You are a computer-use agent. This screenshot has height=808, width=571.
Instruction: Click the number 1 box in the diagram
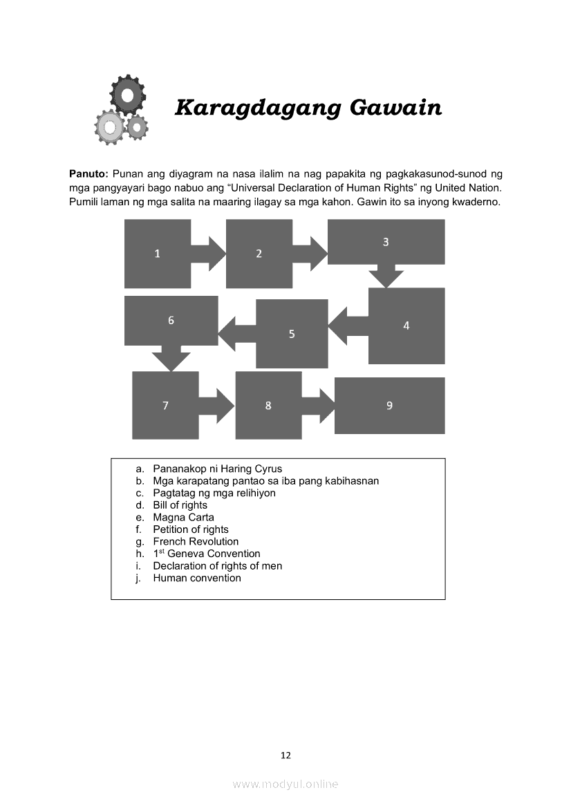tap(158, 254)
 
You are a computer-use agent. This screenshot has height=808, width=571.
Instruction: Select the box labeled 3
tap(386, 242)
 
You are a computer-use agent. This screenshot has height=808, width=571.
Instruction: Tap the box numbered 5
tap(292, 334)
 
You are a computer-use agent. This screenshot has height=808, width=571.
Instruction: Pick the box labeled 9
tap(389, 406)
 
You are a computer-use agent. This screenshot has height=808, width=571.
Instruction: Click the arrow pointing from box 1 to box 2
tap(209, 254)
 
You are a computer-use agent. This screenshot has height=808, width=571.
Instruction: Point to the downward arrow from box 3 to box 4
tap(386, 275)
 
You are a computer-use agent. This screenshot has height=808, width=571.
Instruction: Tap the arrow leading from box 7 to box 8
tap(218, 406)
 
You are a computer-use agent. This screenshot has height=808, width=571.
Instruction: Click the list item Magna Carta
tap(183, 517)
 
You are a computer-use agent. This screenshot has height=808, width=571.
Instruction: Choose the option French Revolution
tap(196, 541)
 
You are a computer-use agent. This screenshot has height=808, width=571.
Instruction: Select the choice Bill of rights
tap(180, 505)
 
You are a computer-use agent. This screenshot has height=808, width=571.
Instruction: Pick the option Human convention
tap(197, 578)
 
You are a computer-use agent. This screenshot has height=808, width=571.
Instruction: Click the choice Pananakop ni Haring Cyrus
tap(217, 469)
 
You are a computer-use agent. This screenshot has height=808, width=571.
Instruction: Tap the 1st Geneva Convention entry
tap(207, 554)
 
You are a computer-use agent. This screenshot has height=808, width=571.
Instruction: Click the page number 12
tap(285, 755)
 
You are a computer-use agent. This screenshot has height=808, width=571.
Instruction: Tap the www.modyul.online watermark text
tap(285, 784)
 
